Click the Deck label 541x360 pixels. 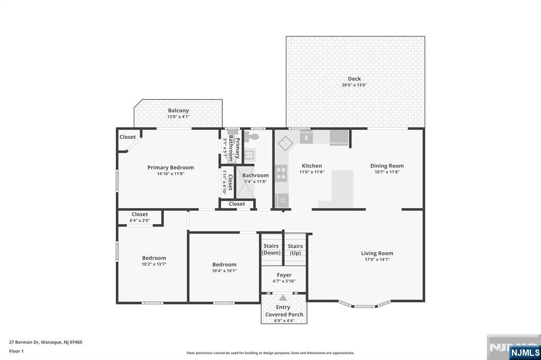click(355, 79)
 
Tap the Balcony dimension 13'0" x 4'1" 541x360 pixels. click(179, 117)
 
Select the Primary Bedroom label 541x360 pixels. click(171, 167)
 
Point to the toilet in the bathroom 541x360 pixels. click(251, 137)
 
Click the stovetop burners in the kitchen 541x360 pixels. click(281, 173)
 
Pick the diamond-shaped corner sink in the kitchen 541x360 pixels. click(285, 144)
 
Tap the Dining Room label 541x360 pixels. click(387, 166)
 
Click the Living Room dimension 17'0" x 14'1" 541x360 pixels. click(377, 259)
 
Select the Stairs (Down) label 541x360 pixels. click(271, 249)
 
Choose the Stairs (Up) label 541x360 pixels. click(295, 249)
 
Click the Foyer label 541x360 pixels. click(284, 275)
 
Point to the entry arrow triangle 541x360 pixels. click(283, 298)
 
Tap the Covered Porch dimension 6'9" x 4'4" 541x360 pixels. click(284, 321)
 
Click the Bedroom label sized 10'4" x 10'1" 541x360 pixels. click(224, 264)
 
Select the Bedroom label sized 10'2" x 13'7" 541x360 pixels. click(154, 258)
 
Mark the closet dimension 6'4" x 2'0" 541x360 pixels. click(139, 220)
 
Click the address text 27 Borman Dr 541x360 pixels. click(24, 343)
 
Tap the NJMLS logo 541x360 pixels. click(525, 353)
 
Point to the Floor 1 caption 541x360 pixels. click(16, 352)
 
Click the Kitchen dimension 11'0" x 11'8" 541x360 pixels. click(312, 172)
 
